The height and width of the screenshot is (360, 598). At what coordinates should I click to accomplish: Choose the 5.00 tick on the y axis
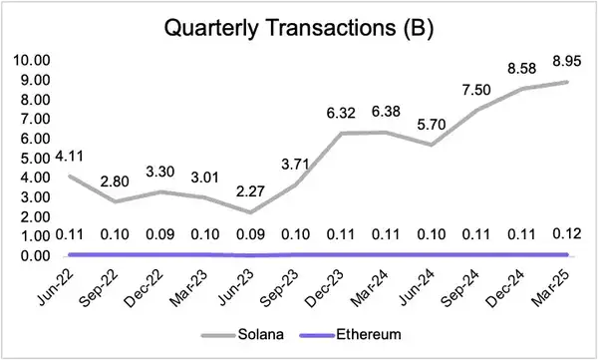(x=33, y=159)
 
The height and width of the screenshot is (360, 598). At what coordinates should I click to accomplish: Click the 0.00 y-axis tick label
(x=33, y=256)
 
